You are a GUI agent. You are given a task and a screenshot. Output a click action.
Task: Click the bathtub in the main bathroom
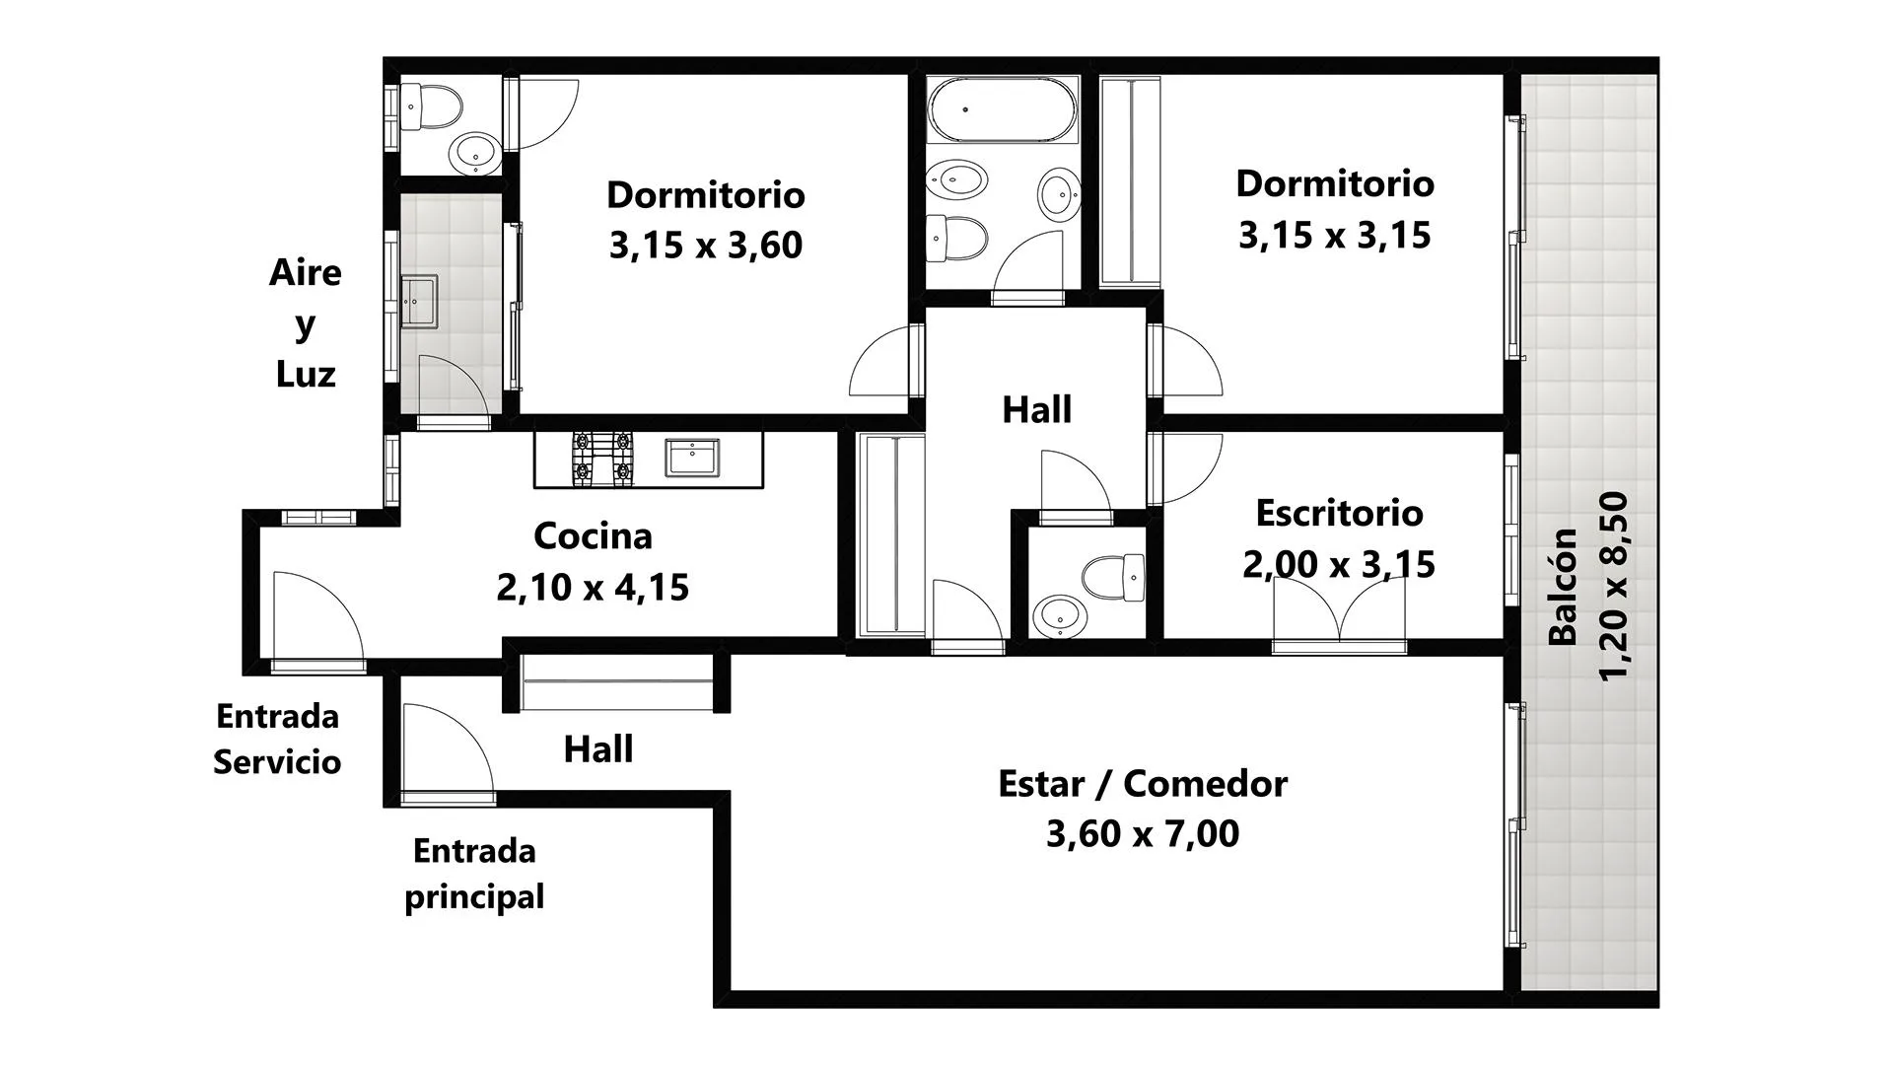coord(1003,109)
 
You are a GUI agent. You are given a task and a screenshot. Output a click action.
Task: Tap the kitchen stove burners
coord(602,459)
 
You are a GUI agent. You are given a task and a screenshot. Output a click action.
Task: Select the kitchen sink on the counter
coord(692,458)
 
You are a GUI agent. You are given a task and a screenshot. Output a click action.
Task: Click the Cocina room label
coord(593,535)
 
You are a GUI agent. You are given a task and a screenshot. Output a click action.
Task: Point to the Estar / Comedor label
coord(1143,783)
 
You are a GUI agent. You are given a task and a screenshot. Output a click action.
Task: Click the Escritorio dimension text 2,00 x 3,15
coord(1339,564)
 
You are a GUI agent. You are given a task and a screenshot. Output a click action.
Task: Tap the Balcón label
coord(1563,587)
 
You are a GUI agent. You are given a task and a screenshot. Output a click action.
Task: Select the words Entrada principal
coord(474,874)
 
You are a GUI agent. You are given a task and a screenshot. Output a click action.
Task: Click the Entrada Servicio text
coord(277,739)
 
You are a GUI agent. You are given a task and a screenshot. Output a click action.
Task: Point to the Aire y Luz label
coord(306,322)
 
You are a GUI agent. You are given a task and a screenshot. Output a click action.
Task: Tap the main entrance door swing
coord(447,749)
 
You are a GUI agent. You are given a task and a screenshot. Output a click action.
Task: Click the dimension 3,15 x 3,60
coord(706,245)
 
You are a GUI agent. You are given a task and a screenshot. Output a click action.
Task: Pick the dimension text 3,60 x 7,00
coord(1143,833)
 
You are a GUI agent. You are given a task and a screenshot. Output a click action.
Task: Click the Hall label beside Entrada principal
coord(598,749)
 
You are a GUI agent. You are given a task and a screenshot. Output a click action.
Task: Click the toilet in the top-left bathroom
coord(431,106)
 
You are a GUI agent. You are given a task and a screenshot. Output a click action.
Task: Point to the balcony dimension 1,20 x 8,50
coord(1614,587)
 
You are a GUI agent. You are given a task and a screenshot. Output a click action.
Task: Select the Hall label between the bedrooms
coord(1037,409)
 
